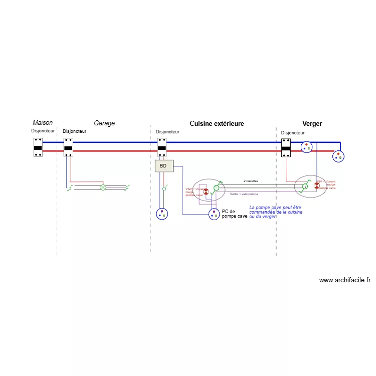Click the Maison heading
(43, 123)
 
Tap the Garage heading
(104, 123)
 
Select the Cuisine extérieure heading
(217, 123)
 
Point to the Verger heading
(312, 123)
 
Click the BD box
(163, 166)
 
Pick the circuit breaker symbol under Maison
(38, 147)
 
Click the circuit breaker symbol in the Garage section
(69, 147)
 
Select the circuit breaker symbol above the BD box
(162, 147)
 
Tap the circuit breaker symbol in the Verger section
(286, 148)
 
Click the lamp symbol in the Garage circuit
(103, 187)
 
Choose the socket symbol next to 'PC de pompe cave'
(214, 214)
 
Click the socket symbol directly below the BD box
(162, 214)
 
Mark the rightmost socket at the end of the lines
(339, 156)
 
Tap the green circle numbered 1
(216, 188)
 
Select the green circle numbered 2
(304, 186)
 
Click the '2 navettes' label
(251, 181)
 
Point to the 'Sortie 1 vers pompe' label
(244, 194)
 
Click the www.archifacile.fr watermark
(344, 280)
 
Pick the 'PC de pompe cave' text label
(234, 214)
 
